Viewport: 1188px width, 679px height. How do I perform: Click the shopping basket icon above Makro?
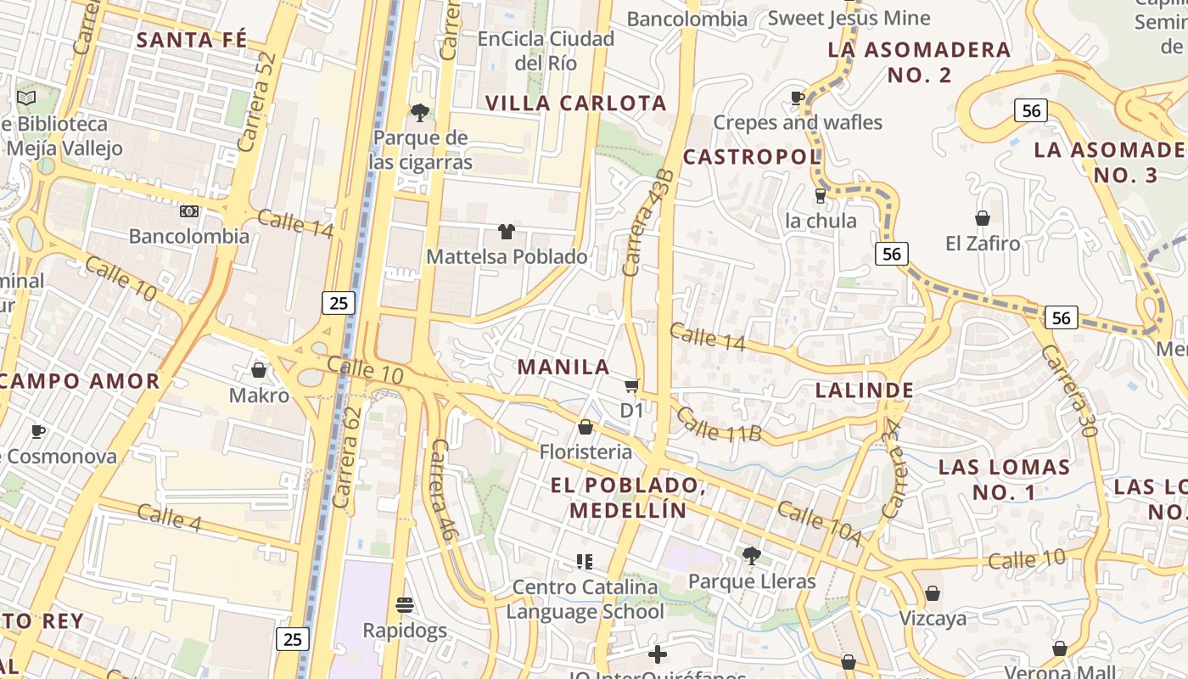[259, 370]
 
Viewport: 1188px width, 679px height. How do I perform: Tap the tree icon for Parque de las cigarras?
[419, 112]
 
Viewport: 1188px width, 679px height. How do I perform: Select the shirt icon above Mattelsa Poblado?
[507, 231]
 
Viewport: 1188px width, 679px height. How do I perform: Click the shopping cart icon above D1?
[631, 387]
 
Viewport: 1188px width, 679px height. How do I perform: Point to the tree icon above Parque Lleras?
[751, 556]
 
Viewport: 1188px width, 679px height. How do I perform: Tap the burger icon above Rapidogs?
[405, 605]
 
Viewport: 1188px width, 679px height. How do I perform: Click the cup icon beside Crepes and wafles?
[798, 98]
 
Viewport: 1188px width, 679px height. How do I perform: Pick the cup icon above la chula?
[820, 196]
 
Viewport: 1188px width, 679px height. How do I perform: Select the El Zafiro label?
[983, 244]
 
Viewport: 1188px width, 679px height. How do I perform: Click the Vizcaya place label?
[933, 618]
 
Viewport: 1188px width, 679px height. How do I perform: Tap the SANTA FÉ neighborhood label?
[192, 40]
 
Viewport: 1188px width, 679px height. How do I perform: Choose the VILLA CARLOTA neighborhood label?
[576, 104]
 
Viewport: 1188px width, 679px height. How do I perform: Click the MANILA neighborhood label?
[563, 367]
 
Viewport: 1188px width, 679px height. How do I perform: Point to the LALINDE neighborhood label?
[865, 390]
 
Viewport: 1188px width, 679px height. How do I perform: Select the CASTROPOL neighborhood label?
[752, 156]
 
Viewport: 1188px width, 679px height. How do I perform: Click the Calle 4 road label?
[169, 518]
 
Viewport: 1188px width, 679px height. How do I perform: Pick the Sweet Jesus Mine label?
[849, 18]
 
